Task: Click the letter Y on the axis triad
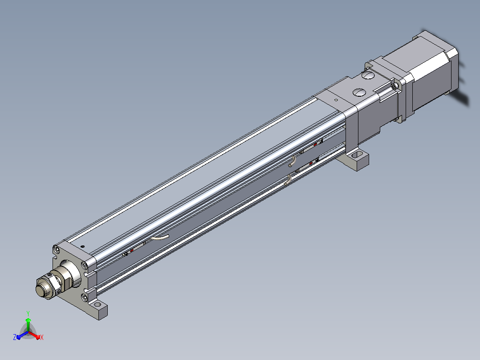28,313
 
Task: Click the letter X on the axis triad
42,337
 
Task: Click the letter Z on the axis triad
15,337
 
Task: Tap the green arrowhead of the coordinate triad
28,320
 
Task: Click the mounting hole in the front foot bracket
98,305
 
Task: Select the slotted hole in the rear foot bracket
356,155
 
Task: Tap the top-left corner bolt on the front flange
56,250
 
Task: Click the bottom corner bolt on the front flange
85,297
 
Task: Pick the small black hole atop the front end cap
82,246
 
